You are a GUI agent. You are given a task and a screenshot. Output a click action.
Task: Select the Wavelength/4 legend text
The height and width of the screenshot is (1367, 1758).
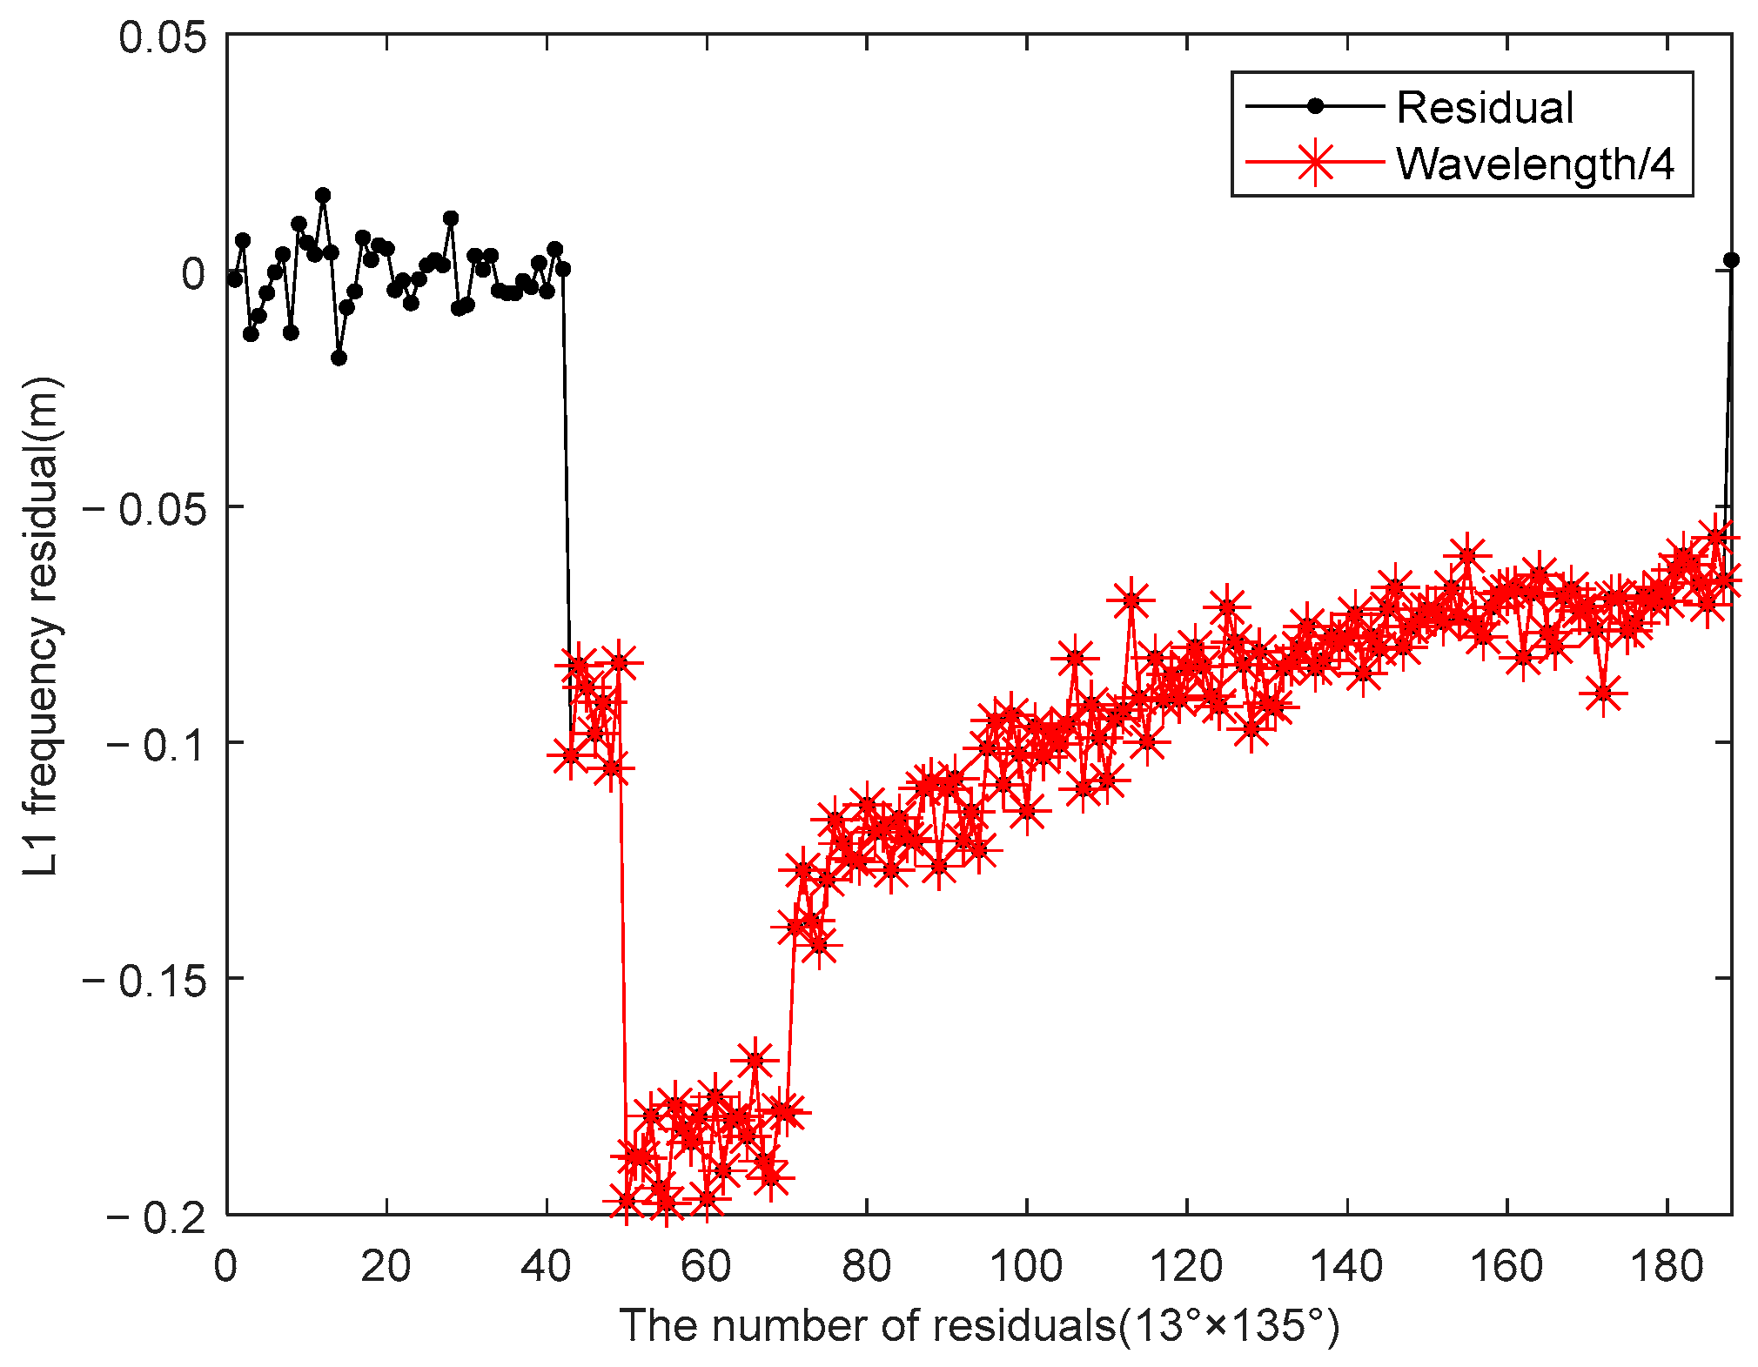coord(1535,163)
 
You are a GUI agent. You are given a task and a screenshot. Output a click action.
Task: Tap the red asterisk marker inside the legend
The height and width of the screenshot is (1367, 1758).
coord(1315,162)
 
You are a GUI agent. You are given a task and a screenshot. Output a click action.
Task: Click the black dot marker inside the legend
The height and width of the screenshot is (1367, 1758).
coord(1315,106)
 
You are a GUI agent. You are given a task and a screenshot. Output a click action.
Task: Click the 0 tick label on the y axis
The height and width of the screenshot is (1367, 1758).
coord(192,273)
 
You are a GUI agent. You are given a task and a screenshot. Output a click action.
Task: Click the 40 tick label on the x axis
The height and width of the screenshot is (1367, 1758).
coord(546,1267)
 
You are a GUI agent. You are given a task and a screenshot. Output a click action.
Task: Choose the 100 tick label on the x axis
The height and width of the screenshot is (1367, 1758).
coord(1026,1267)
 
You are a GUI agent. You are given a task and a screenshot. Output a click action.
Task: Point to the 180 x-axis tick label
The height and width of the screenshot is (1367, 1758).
coord(1666,1267)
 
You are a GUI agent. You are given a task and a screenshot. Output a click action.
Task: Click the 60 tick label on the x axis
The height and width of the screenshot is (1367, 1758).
coord(706,1267)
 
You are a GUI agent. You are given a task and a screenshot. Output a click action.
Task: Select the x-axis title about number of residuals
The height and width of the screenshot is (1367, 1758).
coord(979,1326)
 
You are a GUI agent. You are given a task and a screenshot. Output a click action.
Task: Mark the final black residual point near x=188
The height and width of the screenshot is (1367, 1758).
coord(1731,260)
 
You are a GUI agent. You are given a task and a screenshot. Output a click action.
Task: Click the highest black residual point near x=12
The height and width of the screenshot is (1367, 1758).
coord(323,195)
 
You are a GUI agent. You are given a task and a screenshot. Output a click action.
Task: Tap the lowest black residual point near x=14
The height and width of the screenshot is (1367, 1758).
coord(339,358)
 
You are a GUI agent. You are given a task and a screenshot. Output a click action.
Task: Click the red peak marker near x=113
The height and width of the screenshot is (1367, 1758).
coord(1131,600)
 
